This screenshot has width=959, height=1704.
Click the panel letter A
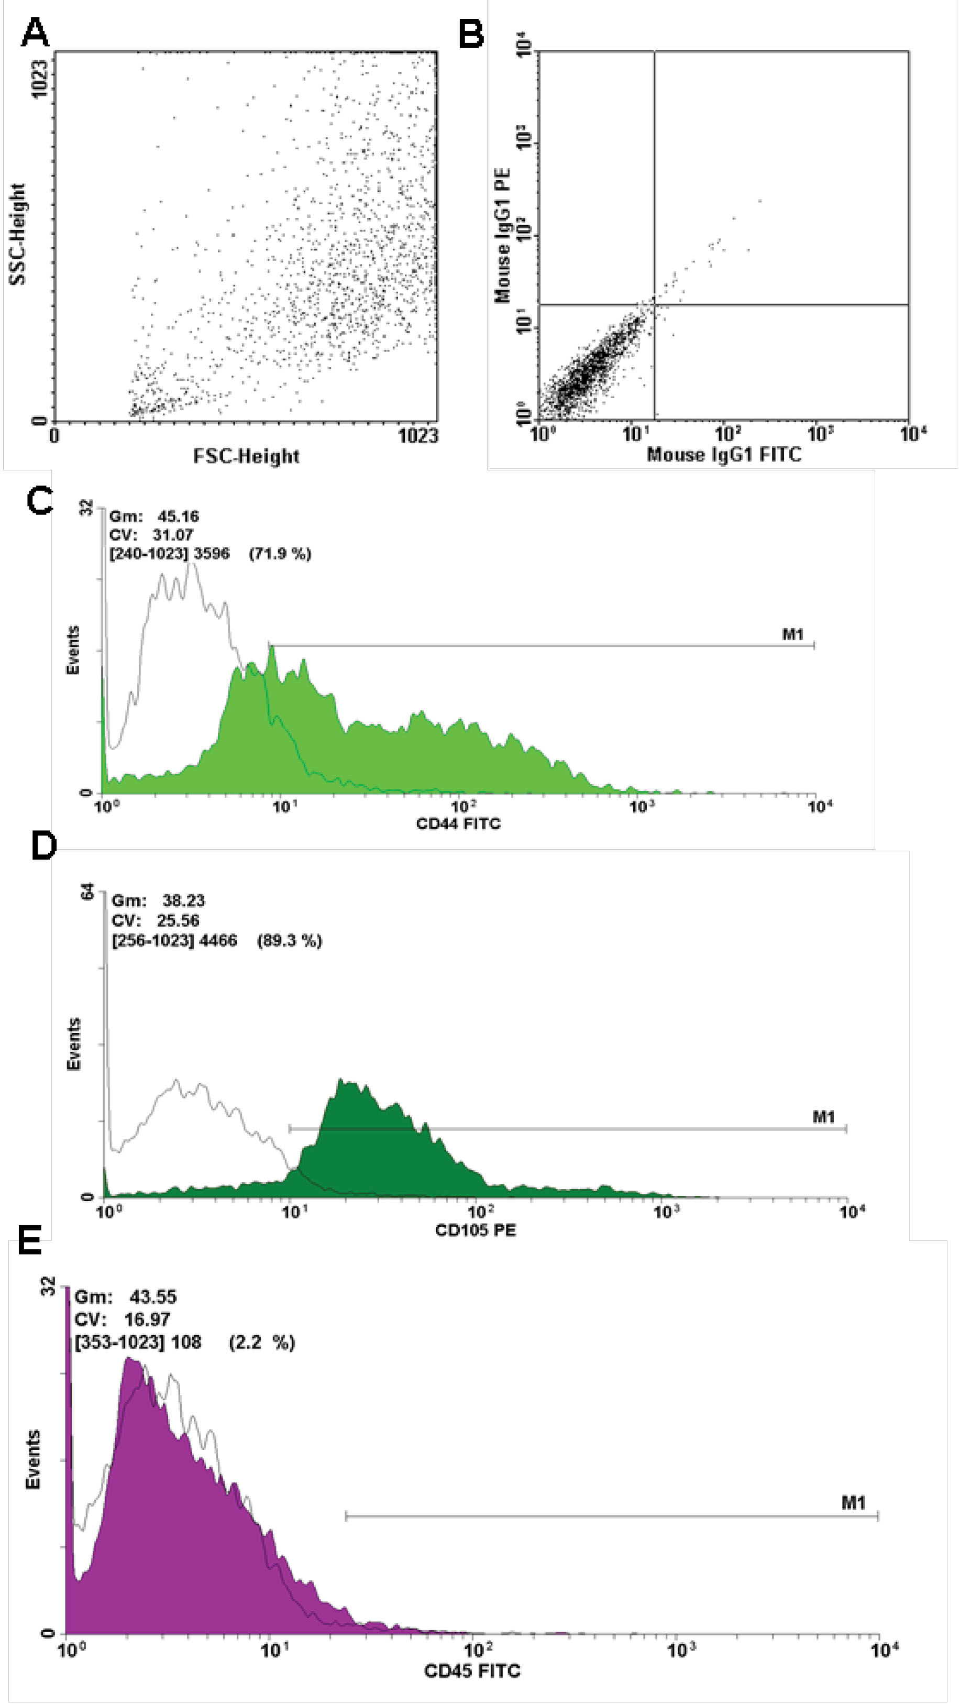[x=35, y=32]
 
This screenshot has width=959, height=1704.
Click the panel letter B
[x=471, y=33]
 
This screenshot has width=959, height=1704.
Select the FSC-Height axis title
[x=246, y=456]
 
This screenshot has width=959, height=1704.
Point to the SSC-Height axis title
[x=18, y=235]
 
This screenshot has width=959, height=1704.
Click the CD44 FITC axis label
[x=458, y=823]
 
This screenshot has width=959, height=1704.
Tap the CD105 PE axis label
[x=476, y=1230]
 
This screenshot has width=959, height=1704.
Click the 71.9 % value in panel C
[x=280, y=554]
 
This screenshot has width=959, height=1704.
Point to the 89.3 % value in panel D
[x=290, y=941]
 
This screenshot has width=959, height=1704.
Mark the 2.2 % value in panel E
[x=261, y=1342]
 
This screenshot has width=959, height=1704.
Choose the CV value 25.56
[x=178, y=920]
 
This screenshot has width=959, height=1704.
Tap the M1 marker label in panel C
[x=792, y=634]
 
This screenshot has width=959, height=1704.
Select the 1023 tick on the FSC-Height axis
[x=418, y=436]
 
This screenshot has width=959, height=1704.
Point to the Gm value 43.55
[x=153, y=1296]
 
